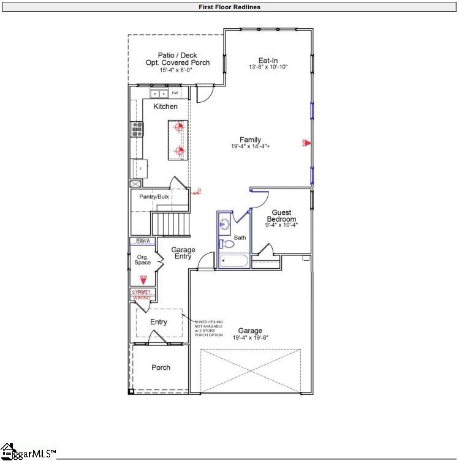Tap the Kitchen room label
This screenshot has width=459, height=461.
165,107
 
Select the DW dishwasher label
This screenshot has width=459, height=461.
175,93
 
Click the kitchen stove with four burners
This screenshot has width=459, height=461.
137,128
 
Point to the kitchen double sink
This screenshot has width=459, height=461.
159,94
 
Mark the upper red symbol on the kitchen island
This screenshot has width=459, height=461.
179,127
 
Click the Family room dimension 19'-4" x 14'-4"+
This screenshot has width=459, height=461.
251,147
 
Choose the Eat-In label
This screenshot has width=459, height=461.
268,60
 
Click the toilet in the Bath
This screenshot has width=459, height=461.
228,244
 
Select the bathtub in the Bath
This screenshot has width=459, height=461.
234,261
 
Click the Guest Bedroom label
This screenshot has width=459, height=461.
281,216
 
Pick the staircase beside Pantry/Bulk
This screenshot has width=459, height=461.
172,222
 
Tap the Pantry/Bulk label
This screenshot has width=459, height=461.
154,197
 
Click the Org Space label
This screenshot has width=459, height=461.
143,260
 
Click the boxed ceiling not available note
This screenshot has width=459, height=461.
208,328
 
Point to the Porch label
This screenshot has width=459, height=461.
161,367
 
